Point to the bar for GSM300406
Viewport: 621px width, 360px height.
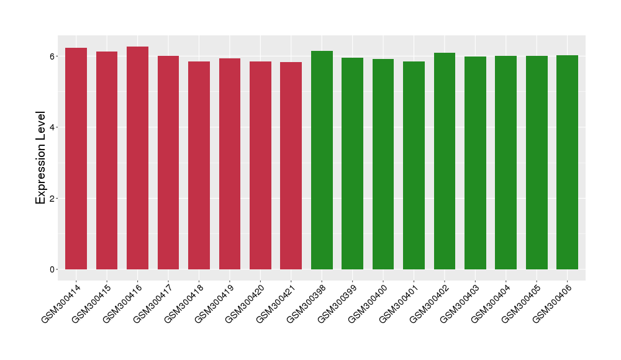(567, 162)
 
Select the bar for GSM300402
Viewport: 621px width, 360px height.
(444, 161)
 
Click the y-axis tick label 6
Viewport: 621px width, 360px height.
(53, 56)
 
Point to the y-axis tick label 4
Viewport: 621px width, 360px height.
(53, 127)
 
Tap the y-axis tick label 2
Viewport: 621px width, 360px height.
(53, 199)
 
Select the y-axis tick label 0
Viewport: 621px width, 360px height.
(53, 269)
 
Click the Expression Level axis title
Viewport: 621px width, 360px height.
(41, 158)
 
